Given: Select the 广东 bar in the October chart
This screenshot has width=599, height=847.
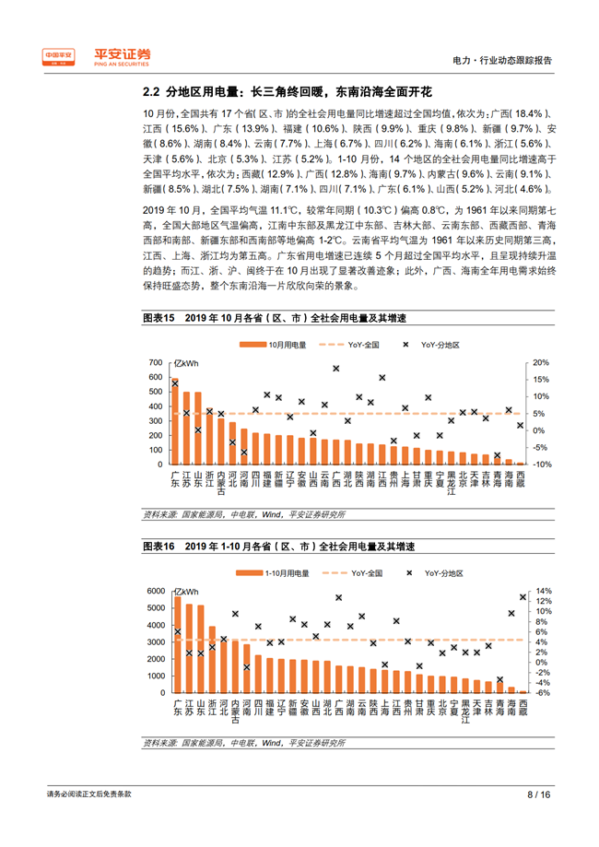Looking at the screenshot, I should point(175,421).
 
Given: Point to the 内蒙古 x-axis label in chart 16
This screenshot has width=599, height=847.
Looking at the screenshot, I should point(235,710).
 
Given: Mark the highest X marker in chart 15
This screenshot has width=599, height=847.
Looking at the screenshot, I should point(336,369).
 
